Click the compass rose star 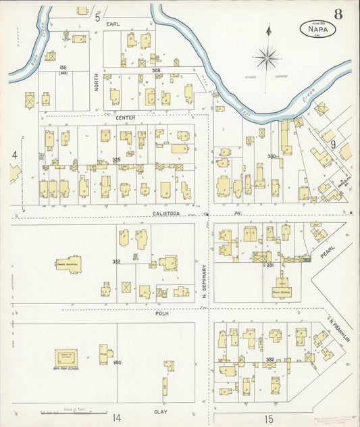pyautogui.click(x=268, y=57)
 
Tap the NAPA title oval pyautogui.click(x=317, y=29)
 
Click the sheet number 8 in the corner pyautogui.click(x=337, y=13)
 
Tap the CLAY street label pyautogui.click(x=161, y=411)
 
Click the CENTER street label pyautogui.click(x=126, y=118)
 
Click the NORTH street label pyautogui.click(x=97, y=82)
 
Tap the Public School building pyautogui.click(x=281, y=288)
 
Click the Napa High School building pyautogui.click(x=66, y=358)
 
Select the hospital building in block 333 pyautogui.click(x=69, y=263)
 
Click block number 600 pyautogui.click(x=117, y=363)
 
